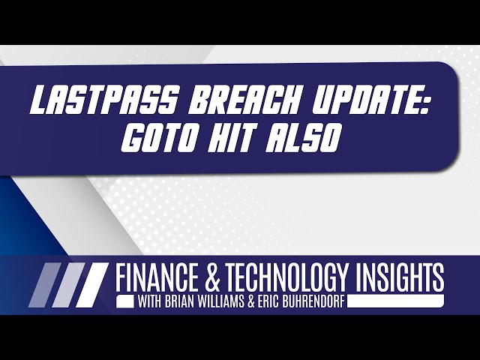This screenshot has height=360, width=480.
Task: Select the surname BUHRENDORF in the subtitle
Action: click(325, 302)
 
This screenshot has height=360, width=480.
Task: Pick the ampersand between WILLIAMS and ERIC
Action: click(264, 302)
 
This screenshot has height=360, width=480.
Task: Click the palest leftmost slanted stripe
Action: click(42, 286)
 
